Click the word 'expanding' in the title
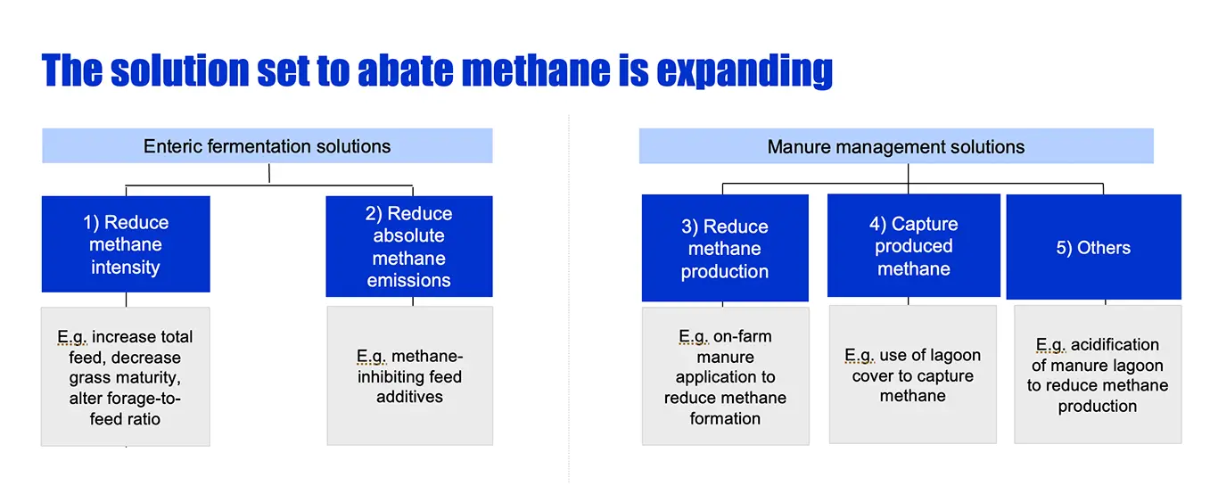click(745, 71)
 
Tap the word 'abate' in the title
click(405, 70)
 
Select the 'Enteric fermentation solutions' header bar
click(267, 146)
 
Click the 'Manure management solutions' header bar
click(896, 146)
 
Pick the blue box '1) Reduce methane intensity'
click(126, 244)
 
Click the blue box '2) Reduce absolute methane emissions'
click(409, 246)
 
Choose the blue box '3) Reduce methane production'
click(725, 248)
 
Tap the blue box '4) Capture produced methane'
click(913, 245)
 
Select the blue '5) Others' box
click(1093, 247)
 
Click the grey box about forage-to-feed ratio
click(126, 376)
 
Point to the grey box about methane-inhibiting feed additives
click(410, 376)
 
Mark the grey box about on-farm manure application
click(726, 376)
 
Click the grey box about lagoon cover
click(913, 375)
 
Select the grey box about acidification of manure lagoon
click(1098, 375)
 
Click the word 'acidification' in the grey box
click(1115, 344)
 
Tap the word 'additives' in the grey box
click(409, 397)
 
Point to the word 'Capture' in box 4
click(925, 224)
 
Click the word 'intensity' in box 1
click(126, 268)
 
